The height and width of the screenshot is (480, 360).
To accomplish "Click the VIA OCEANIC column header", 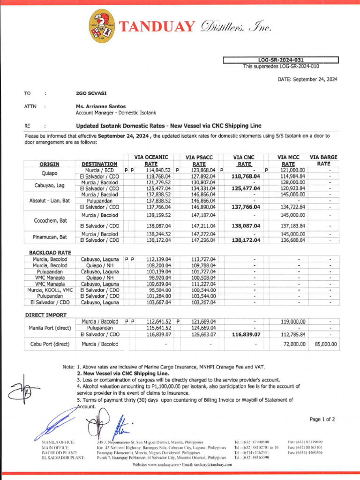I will click(x=151, y=157).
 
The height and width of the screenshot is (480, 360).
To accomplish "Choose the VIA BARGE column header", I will click(x=323, y=157).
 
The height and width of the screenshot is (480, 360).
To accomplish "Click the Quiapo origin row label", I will click(x=49, y=173).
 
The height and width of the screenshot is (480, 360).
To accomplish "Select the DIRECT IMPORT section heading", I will click(x=46, y=315).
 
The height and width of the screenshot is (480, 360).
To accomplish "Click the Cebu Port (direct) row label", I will click(x=49, y=344).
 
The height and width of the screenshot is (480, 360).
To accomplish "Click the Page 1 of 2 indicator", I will click(x=322, y=419).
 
